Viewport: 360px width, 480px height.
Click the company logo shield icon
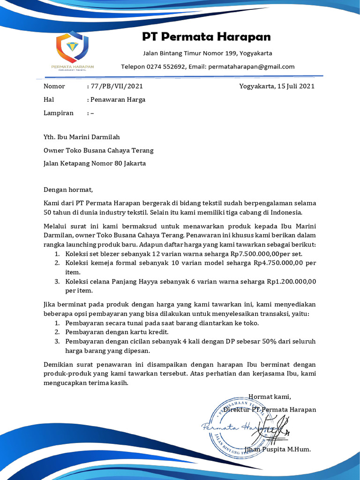(72, 46)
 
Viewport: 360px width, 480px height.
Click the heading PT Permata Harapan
(206, 37)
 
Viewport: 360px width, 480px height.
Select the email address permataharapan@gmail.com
(251, 67)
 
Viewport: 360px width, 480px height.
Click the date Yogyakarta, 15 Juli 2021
(277, 86)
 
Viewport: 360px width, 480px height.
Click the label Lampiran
(59, 113)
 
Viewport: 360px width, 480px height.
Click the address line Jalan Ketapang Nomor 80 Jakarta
(94, 164)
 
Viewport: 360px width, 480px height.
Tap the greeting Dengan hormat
(68, 190)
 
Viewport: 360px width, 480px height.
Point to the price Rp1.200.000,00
(292, 282)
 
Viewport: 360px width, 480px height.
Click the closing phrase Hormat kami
(270, 397)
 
